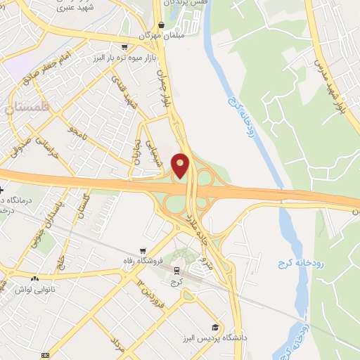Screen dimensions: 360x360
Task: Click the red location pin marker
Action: [x=181, y=165]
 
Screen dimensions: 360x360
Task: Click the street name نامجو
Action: [x=77, y=131]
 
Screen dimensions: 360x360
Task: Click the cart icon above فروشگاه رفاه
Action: [x=143, y=250]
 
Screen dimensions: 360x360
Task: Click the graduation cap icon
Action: [x=215, y=328]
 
